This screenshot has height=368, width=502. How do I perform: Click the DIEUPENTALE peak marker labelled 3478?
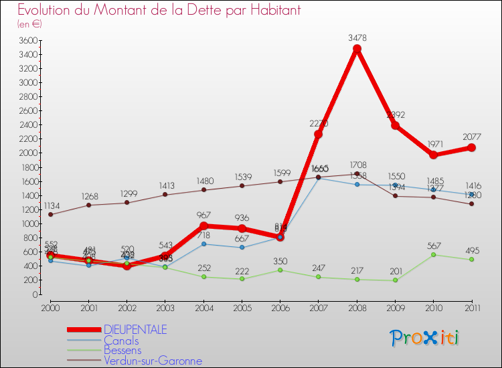(x=357, y=49)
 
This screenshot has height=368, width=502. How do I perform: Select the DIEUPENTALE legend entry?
(x=135, y=330)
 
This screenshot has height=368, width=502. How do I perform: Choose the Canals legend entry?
(x=121, y=341)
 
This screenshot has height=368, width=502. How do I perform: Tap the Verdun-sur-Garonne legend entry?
(x=153, y=361)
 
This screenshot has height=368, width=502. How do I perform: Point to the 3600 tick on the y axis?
(x=29, y=40)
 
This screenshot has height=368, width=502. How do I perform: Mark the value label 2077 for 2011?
(x=471, y=136)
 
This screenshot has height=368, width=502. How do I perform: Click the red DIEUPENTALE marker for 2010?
(x=433, y=155)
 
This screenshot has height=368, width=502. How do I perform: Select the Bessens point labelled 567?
(x=433, y=254)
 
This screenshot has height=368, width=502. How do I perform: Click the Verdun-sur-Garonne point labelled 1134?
(x=50, y=214)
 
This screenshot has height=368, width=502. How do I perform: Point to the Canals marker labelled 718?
(x=203, y=244)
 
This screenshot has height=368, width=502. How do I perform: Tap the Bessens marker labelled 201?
(x=395, y=280)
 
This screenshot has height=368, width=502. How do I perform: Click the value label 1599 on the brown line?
(x=280, y=173)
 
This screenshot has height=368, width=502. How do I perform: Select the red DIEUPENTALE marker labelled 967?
(x=203, y=226)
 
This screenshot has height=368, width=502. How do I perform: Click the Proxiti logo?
(x=425, y=338)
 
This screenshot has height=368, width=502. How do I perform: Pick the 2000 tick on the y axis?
(x=29, y=153)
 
